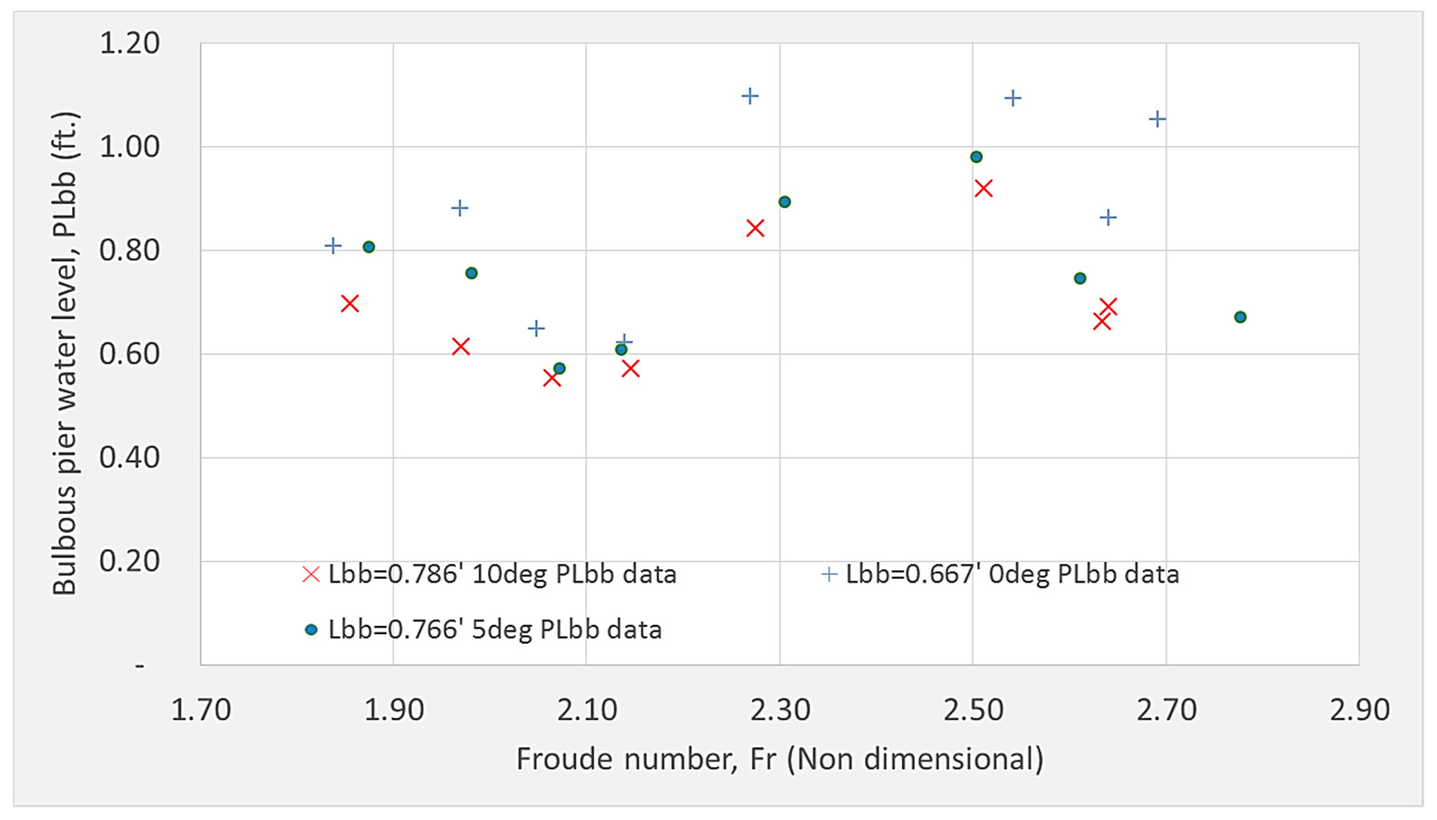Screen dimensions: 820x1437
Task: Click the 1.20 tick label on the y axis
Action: (x=129, y=43)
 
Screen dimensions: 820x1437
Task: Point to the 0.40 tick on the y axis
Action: (x=129, y=457)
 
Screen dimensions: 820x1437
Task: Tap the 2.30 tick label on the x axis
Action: (x=779, y=710)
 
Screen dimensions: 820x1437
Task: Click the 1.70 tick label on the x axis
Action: (x=200, y=710)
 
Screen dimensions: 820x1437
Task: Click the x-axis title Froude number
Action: (x=779, y=759)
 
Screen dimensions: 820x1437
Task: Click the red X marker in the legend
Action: (x=311, y=575)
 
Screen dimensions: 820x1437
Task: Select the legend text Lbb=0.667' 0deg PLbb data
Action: (x=1012, y=575)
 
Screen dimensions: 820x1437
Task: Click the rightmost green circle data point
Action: (x=1240, y=317)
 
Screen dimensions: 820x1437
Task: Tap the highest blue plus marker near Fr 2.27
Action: (x=749, y=96)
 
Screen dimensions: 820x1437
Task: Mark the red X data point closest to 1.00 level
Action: (x=983, y=189)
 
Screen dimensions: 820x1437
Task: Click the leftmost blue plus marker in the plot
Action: (x=333, y=246)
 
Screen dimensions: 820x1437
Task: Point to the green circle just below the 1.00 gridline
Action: (x=976, y=157)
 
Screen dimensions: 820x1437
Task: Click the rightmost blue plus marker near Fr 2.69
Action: (x=1157, y=119)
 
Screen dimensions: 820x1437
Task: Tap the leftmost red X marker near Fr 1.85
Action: (x=350, y=304)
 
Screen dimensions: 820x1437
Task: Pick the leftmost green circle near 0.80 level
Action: (x=368, y=247)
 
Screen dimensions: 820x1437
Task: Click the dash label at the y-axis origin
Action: (x=139, y=666)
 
